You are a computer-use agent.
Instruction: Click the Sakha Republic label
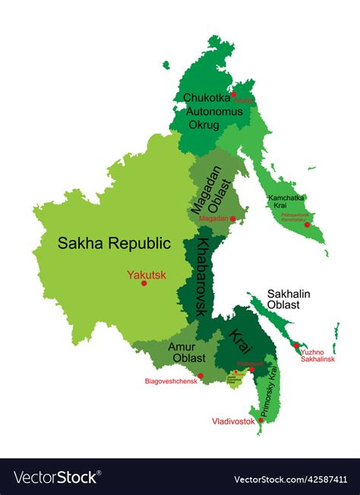(113, 243)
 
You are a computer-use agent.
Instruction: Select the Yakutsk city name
(147, 275)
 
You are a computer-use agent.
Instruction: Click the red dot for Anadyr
(234, 95)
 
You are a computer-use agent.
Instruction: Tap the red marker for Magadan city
(233, 219)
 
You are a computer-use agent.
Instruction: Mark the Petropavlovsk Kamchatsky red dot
(307, 225)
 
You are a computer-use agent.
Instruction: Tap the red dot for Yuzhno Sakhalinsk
(295, 345)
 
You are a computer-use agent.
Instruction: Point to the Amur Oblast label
(186, 352)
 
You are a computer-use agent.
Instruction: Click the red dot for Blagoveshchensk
(201, 375)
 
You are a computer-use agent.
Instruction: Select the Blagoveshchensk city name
(171, 382)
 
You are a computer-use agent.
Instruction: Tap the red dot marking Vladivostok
(261, 419)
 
